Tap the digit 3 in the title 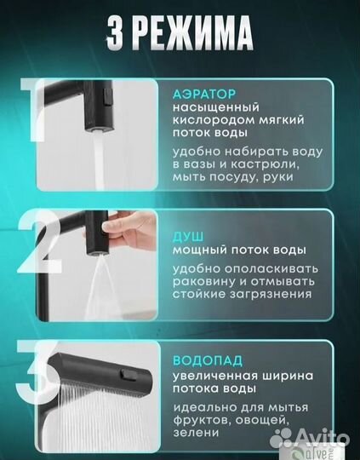pos(120,36)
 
